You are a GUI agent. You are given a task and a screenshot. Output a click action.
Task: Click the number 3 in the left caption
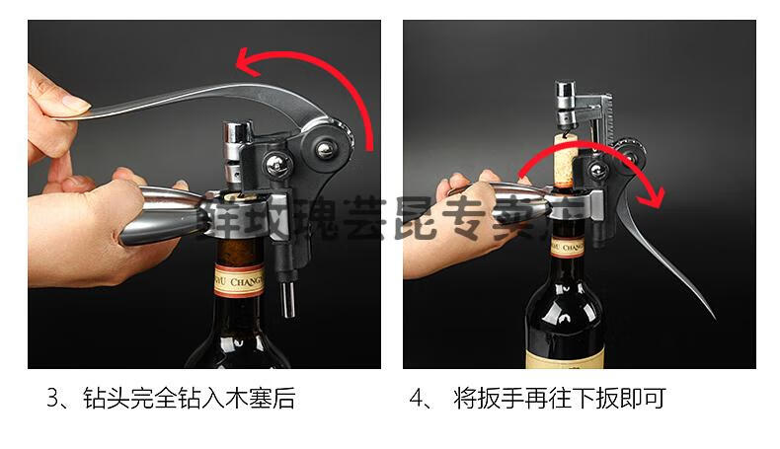tap(53, 399)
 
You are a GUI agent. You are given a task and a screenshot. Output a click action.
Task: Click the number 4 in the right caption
tap(418, 399)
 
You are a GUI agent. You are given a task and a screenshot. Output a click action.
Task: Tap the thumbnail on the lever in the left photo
tap(72, 103)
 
